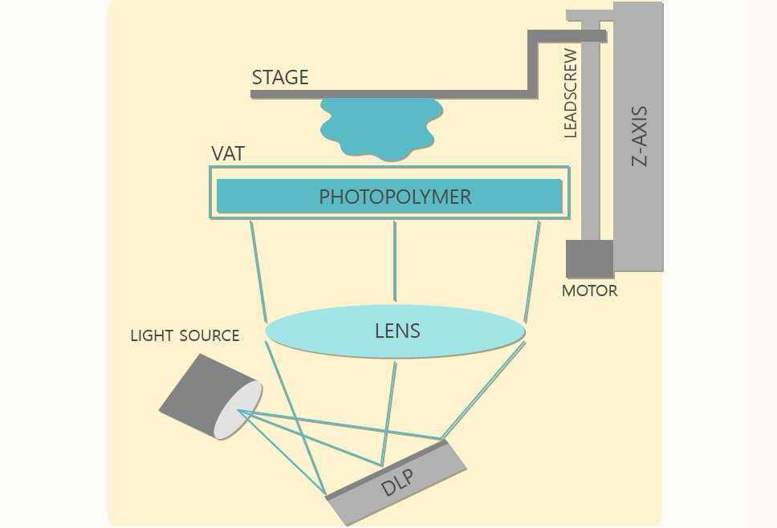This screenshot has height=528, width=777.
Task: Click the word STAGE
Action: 280,78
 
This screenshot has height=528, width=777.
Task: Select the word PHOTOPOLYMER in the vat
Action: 395,197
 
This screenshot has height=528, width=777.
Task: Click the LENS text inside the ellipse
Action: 397,331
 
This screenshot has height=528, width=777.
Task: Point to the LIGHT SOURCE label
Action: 185,335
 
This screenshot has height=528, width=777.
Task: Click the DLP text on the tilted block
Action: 399,483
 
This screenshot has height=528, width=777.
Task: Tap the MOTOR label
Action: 589,290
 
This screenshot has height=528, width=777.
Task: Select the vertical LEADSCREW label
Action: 571,93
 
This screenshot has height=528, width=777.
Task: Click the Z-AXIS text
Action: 640,136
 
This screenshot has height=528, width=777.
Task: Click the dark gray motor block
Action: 589,259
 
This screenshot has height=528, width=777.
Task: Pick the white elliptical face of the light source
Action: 238,410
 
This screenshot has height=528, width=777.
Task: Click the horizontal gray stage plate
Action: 385,94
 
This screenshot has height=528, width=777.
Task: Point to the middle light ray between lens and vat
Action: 394,261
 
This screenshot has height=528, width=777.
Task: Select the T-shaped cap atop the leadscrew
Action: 590,15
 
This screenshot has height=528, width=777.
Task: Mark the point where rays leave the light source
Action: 240,412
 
